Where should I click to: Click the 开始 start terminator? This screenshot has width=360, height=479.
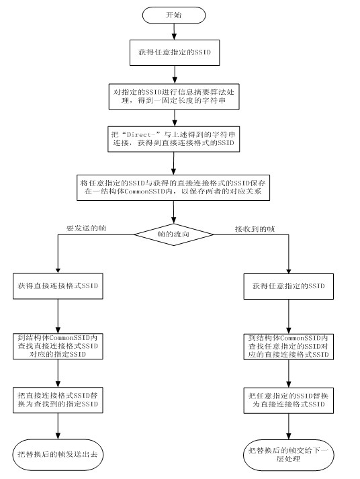(x=174, y=15)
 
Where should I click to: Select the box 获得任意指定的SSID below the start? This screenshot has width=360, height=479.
(x=175, y=52)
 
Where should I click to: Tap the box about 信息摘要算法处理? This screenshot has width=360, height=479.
(x=174, y=97)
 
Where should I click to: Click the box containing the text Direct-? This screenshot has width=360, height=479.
(x=174, y=139)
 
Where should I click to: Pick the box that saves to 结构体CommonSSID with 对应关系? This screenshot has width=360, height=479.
(x=173, y=187)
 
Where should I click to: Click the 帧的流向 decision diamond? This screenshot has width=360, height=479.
(x=174, y=234)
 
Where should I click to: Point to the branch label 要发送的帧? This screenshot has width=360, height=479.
(x=87, y=228)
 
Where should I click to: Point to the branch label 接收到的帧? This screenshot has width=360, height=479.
(x=255, y=229)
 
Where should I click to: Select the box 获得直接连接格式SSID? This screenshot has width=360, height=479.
(x=58, y=286)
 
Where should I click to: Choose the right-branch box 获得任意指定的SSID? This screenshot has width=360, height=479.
(x=289, y=286)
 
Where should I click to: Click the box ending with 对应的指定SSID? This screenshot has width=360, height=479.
(x=58, y=346)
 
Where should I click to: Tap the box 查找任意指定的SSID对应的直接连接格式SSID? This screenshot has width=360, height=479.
(x=289, y=347)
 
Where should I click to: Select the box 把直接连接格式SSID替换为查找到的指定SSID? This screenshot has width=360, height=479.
(x=58, y=400)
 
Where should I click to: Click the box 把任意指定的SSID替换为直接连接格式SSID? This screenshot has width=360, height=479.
(x=289, y=400)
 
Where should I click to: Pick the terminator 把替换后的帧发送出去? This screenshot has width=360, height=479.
(x=58, y=455)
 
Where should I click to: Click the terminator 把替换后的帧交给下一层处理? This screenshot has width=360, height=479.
(x=289, y=455)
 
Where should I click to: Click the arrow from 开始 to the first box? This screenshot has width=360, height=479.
(x=174, y=32)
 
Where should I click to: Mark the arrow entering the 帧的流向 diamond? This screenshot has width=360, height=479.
(x=173, y=212)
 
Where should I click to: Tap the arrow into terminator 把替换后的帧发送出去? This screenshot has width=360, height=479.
(x=58, y=427)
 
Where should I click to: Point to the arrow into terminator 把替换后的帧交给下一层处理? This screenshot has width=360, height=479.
(x=289, y=427)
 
